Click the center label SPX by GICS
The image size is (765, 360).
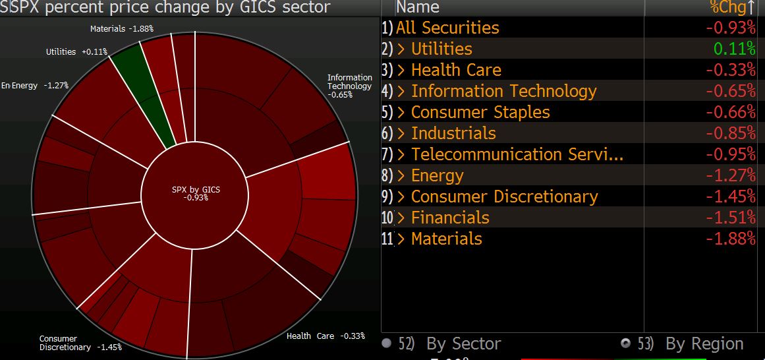click(196, 193)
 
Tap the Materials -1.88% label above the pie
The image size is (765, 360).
click(122, 29)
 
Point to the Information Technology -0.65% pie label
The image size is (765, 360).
click(349, 86)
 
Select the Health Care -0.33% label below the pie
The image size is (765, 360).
click(326, 336)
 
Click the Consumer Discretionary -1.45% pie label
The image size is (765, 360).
click(80, 343)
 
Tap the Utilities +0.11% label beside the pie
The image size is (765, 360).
click(76, 52)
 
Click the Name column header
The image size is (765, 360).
click(418, 7)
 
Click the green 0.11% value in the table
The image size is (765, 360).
click(735, 49)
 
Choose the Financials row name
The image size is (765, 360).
click(450, 218)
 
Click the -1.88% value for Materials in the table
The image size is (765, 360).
click(731, 239)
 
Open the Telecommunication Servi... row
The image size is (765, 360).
click(517, 154)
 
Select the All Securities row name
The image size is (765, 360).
click(447, 28)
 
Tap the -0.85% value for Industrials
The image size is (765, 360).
click(731, 133)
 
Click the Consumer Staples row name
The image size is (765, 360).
click(480, 112)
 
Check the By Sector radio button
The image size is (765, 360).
click(387, 344)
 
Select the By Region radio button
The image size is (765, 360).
click(627, 344)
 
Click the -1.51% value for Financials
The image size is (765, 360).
click(731, 218)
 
